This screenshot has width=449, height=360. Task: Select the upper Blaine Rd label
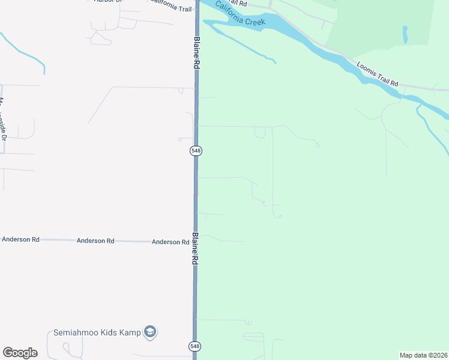tap(196, 53)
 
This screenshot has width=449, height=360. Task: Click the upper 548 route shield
tap(196, 151)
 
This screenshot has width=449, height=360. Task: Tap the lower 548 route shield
tap(194, 346)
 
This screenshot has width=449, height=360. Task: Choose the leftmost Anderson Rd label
tap(20, 239)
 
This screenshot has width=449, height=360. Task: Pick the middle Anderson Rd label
tap(95, 241)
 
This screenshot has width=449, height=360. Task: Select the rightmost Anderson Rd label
tap(170, 242)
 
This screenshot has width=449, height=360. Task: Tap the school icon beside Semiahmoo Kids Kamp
tap(150, 332)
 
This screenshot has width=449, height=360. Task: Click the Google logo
tap(20, 353)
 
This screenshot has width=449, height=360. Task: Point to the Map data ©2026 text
tap(423, 355)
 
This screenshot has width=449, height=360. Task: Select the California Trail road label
tap(170, 5)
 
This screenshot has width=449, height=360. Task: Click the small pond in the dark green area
tap(406, 34)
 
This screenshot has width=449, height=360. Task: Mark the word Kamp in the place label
tap(130, 332)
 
